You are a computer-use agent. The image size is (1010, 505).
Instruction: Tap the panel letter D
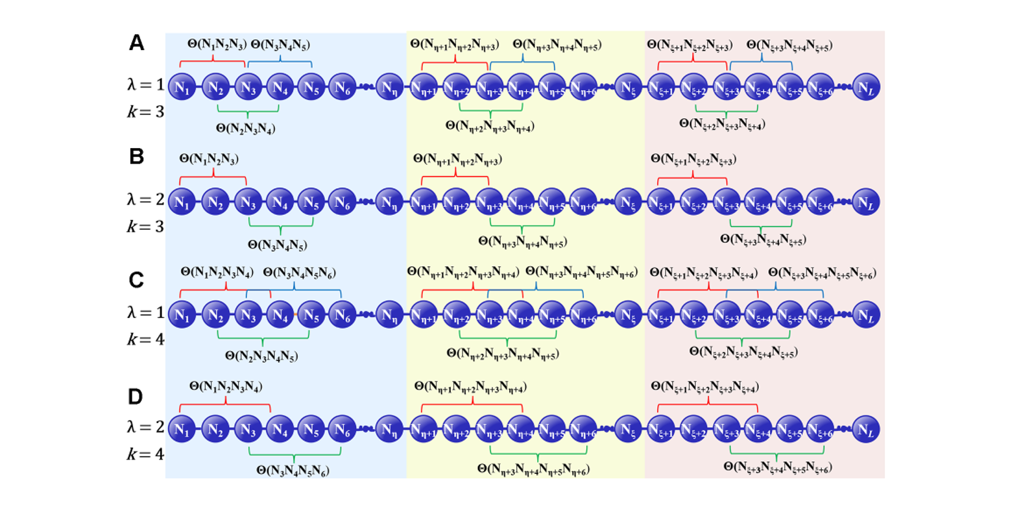(136, 397)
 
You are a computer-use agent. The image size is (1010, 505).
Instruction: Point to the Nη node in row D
(389, 428)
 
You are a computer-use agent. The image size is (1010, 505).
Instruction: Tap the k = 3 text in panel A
(145, 111)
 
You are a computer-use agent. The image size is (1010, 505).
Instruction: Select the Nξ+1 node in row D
(661, 428)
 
